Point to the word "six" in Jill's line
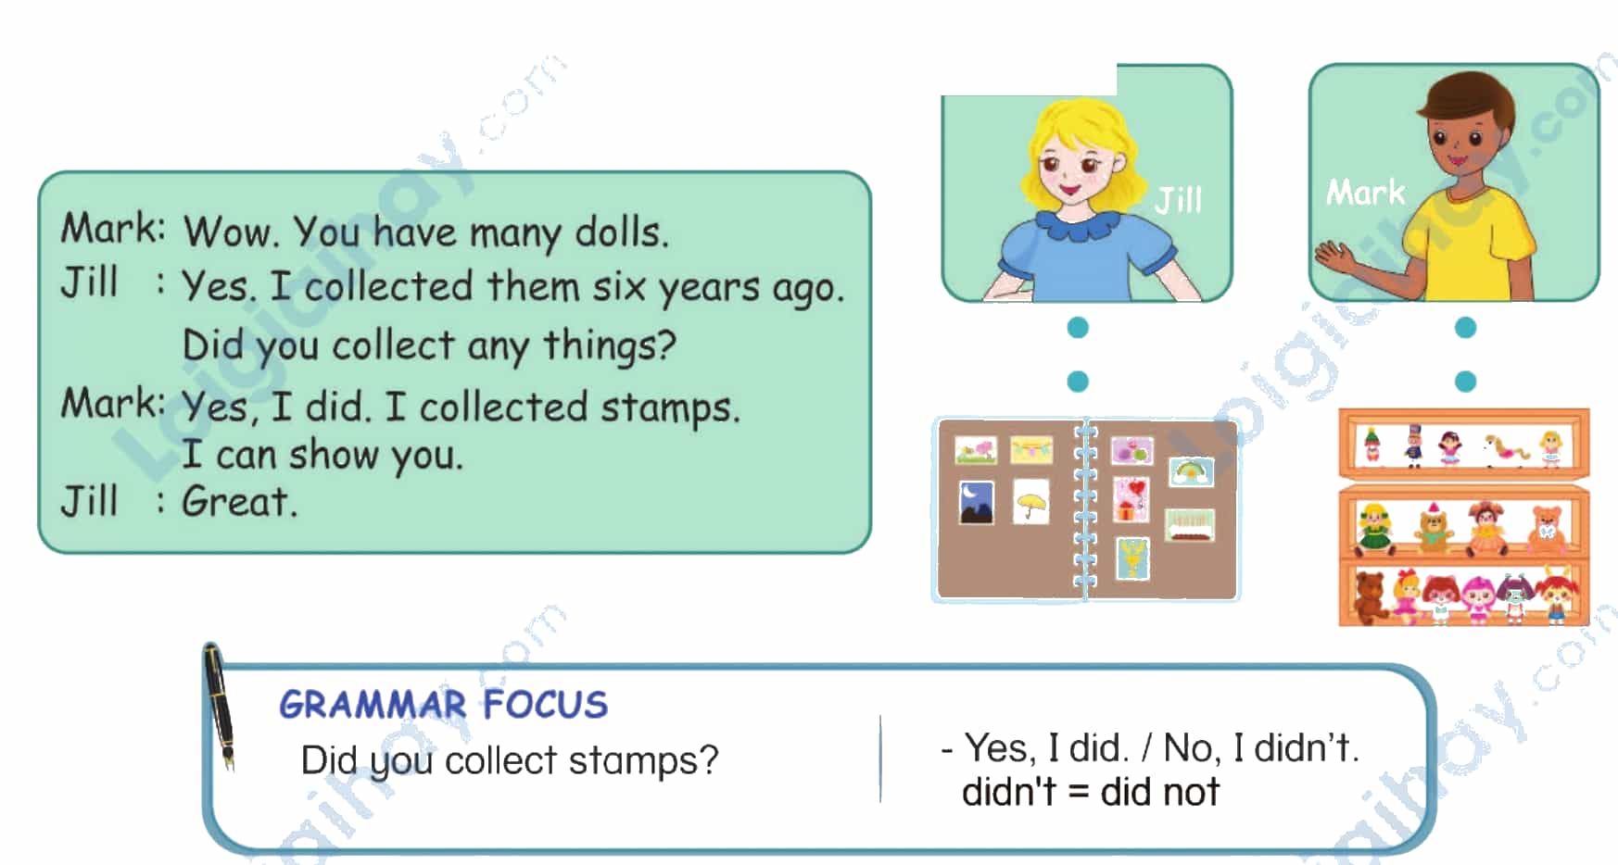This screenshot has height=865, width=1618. coord(619,286)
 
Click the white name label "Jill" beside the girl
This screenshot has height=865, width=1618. coord(1179,199)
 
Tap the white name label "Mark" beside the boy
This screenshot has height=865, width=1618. coord(1365,192)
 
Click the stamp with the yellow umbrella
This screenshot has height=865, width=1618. coord(1030,501)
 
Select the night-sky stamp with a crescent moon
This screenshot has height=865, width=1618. coord(976,502)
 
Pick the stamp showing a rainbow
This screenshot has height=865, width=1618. coord(1191,471)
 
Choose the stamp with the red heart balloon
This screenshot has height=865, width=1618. coord(1131,499)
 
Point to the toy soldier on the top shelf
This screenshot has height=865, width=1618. coord(1412,446)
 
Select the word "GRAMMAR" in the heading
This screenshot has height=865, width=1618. coord(373,705)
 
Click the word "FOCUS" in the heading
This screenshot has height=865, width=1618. coord(545,705)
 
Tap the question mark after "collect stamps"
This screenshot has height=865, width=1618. coord(709,759)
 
